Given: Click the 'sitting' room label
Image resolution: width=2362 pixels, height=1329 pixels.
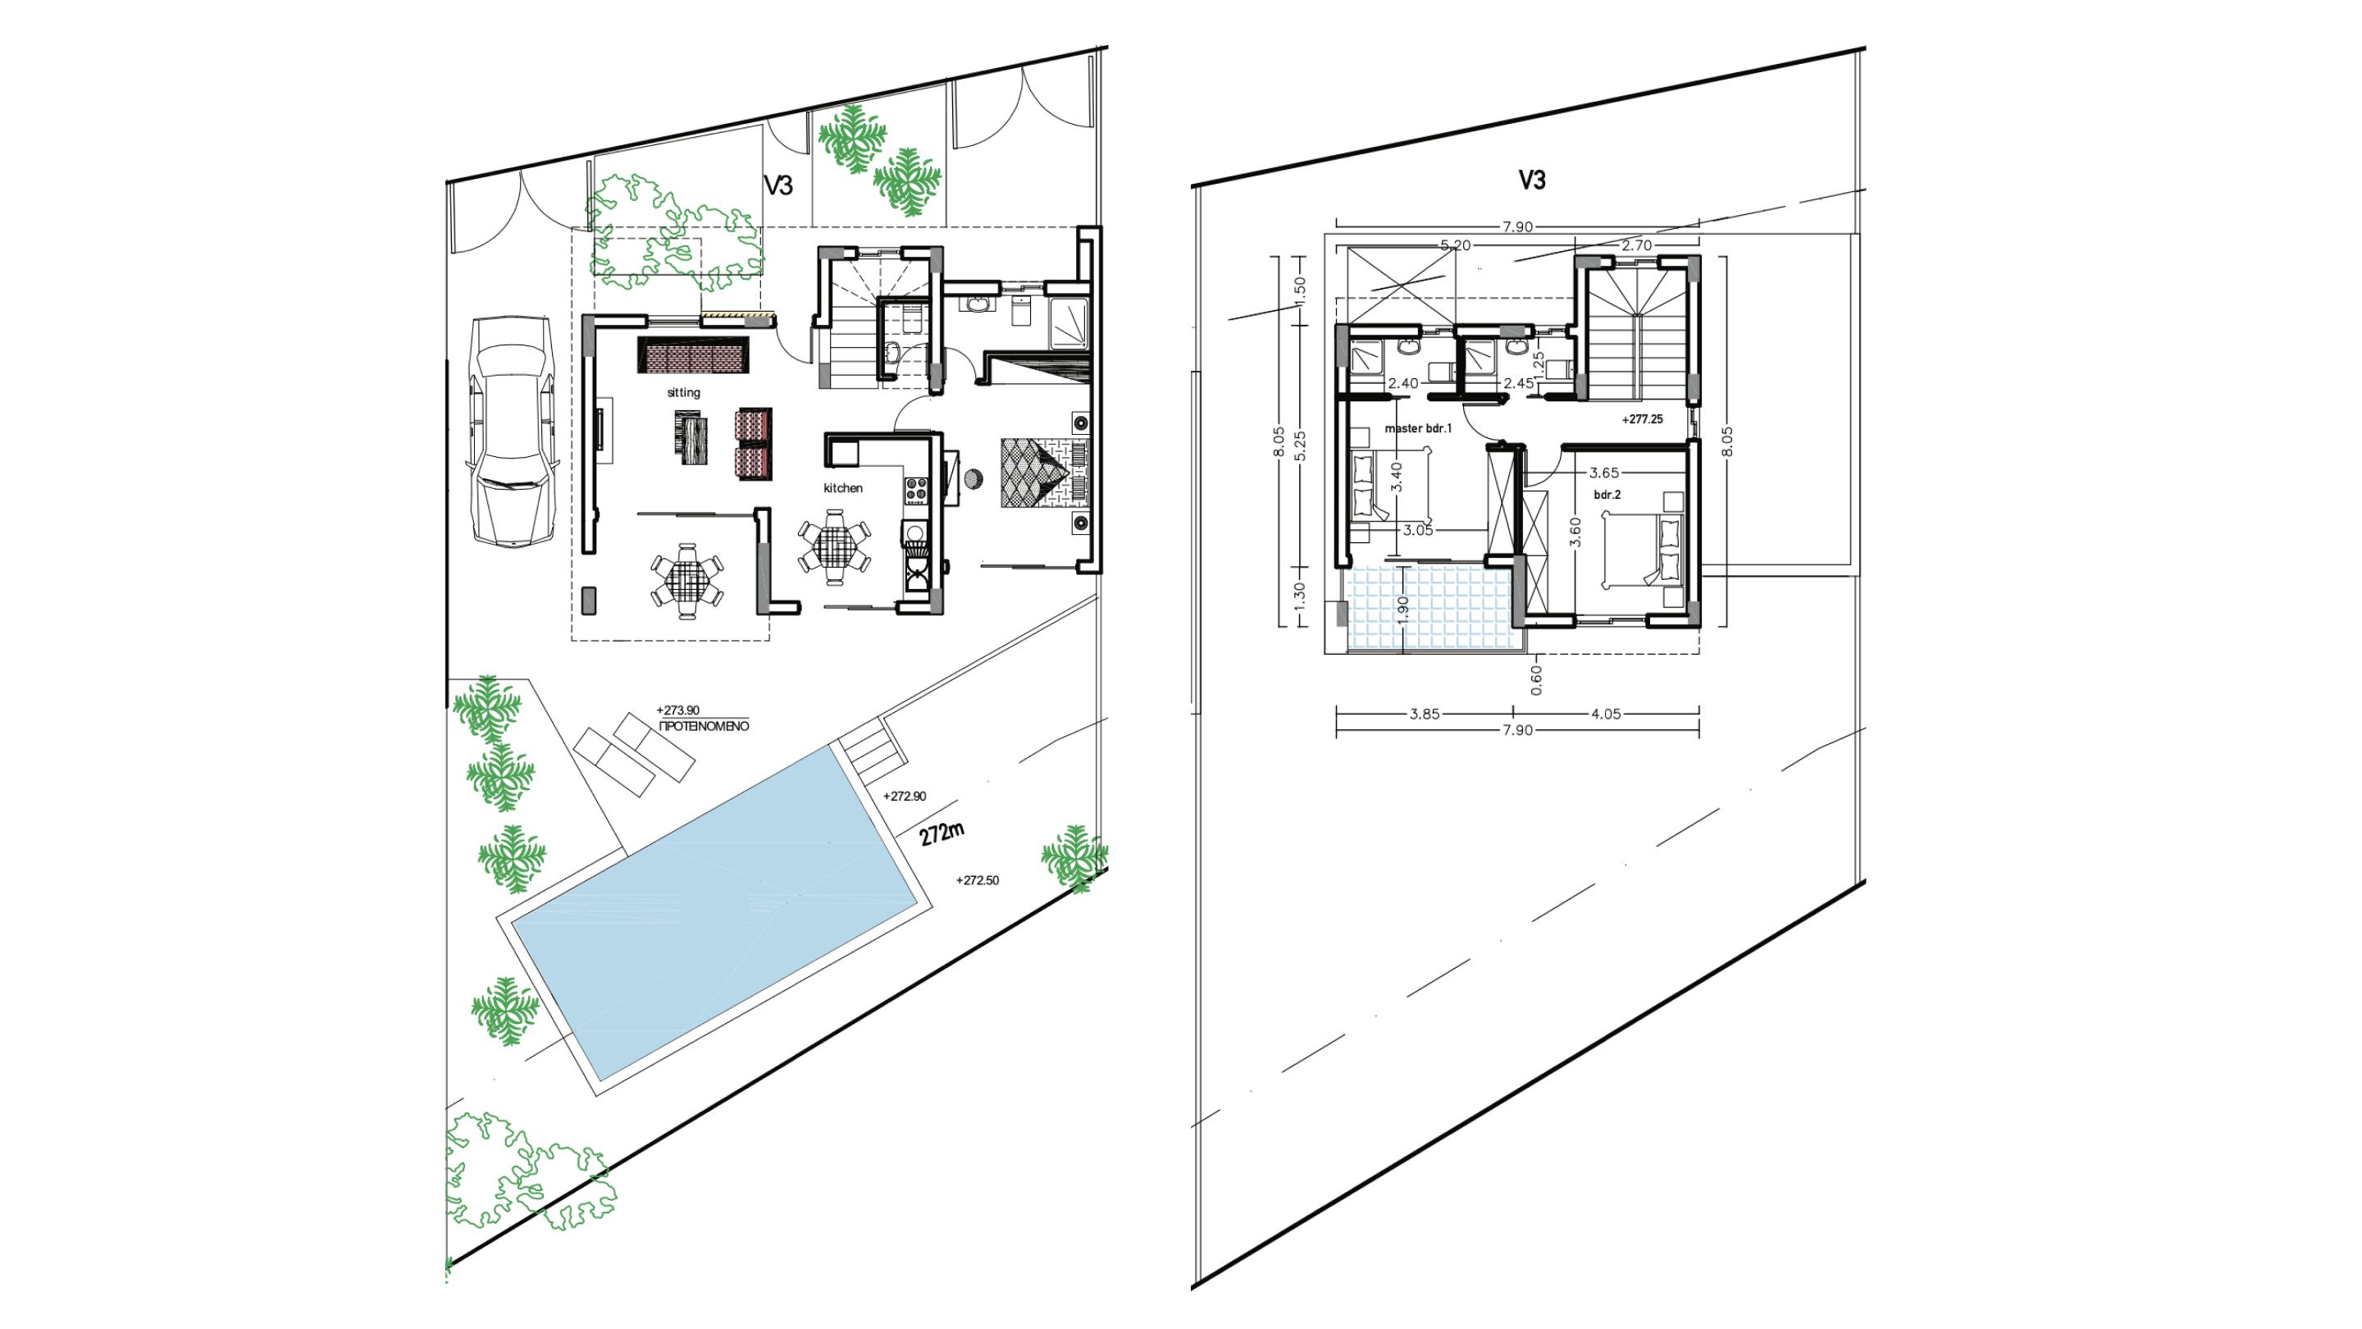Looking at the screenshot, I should tap(683, 393).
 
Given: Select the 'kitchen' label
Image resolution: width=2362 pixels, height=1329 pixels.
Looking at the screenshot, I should tap(842, 488).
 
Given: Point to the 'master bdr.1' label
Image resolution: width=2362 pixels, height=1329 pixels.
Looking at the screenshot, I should tap(1417, 428).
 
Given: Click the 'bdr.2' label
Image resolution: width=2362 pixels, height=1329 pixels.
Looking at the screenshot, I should tap(1607, 495).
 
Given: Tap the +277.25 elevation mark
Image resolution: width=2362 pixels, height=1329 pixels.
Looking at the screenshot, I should tap(1641, 419).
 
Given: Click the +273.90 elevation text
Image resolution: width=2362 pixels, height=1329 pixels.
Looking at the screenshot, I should tap(677, 710).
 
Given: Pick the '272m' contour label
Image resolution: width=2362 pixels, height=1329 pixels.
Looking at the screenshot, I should tap(942, 833).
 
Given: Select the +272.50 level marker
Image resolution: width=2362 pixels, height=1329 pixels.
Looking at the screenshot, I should tap(978, 880).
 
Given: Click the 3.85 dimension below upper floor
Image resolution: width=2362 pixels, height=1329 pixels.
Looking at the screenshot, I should tap(1424, 715).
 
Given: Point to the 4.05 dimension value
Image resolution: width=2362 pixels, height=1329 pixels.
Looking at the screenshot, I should tap(1606, 715).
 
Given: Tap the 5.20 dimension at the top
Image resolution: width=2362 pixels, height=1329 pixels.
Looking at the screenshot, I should tap(1455, 246).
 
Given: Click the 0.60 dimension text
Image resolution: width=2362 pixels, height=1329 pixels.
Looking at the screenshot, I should tap(1536, 679).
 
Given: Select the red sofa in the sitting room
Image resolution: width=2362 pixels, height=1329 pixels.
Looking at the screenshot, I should tap(693, 355).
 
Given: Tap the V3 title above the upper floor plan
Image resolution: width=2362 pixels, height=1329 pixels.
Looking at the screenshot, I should tap(1531, 180).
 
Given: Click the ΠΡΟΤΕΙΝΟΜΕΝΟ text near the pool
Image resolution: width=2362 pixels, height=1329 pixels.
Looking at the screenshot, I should tap(704, 726).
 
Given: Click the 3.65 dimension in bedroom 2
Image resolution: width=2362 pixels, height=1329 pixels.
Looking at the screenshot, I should tap(1603, 473).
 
